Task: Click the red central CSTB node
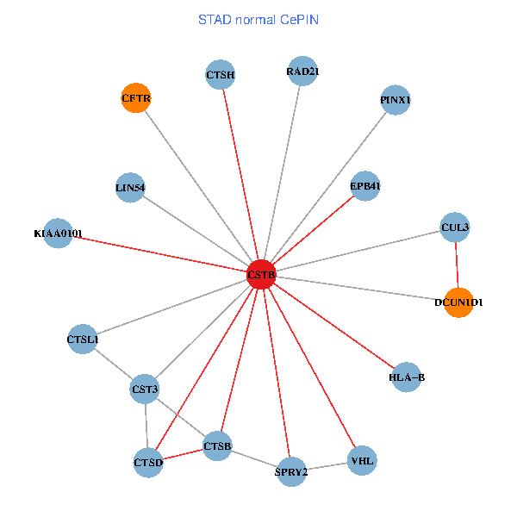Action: pyautogui.click(x=261, y=275)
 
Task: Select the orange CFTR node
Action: pyautogui.click(x=136, y=98)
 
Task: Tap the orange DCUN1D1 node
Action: pyautogui.click(x=458, y=302)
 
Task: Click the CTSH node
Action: pyautogui.click(x=221, y=75)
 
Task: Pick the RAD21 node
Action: pyautogui.click(x=302, y=72)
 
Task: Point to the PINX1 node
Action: pyautogui.click(x=396, y=100)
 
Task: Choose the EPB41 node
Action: pyautogui.click(x=365, y=186)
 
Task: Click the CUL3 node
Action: pyautogui.click(x=454, y=227)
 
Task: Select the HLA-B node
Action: pyautogui.click(x=407, y=377)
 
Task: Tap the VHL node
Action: pyautogui.click(x=362, y=460)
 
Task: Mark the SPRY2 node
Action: pyautogui.click(x=291, y=471)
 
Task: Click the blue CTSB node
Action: pyautogui.click(x=217, y=445)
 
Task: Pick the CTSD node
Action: pyautogui.click(x=148, y=463)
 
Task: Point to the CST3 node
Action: pyautogui.click(x=145, y=389)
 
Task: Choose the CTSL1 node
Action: pyautogui.click(x=84, y=339)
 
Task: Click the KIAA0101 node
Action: pyautogui.click(x=58, y=233)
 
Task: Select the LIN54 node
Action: pyautogui.click(x=130, y=187)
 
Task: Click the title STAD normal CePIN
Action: pyautogui.click(x=258, y=19)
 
